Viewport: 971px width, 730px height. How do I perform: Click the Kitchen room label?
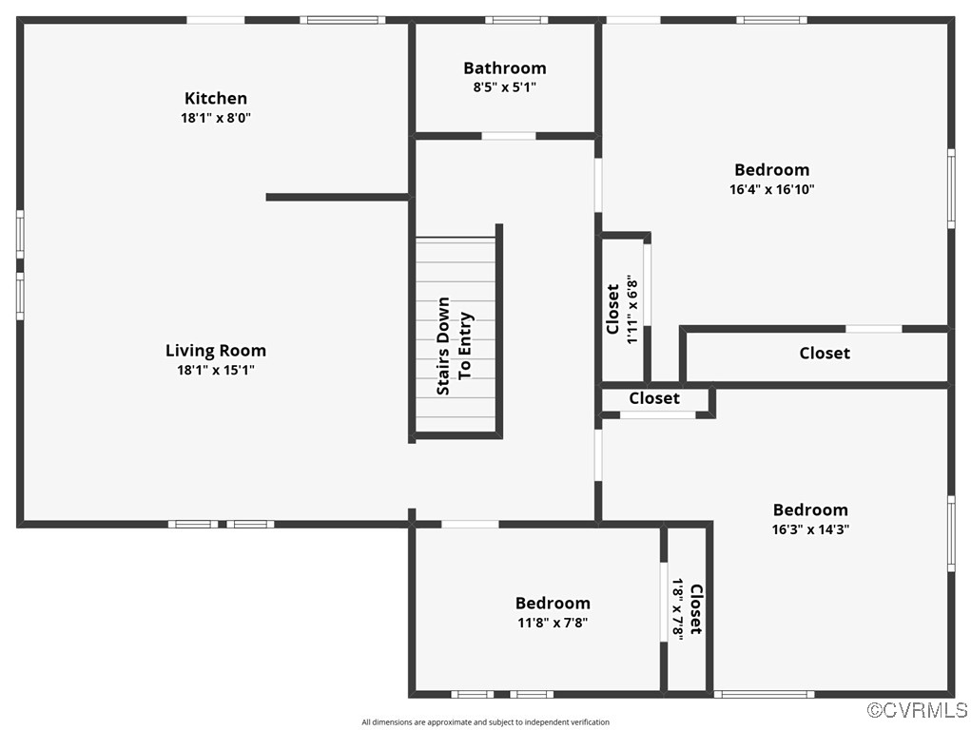point(216,98)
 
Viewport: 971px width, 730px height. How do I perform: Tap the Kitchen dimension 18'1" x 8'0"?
point(216,118)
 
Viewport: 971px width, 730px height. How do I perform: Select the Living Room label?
point(216,351)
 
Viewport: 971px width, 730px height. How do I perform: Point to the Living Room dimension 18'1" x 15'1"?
point(216,371)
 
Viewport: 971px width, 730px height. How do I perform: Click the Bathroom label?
point(505,67)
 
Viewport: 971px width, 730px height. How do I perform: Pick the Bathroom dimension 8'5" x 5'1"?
point(505,87)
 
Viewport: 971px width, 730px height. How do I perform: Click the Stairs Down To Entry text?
point(454,354)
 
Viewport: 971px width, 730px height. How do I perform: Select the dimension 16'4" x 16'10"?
point(772,189)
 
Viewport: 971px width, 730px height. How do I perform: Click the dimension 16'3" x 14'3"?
point(810,529)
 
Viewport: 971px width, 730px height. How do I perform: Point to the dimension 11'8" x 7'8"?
point(553,624)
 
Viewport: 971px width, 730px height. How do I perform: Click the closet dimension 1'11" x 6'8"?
point(631,310)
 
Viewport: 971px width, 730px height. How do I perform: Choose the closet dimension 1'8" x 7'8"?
point(678,609)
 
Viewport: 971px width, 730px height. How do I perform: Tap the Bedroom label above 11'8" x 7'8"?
point(553,603)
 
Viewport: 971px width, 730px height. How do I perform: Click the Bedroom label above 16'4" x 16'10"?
point(772,169)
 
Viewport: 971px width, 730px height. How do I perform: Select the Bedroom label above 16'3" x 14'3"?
point(810,509)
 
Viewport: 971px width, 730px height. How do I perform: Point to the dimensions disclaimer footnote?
point(485,722)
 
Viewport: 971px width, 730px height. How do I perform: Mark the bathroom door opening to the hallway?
point(509,136)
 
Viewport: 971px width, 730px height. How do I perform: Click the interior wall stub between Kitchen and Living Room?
point(338,197)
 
